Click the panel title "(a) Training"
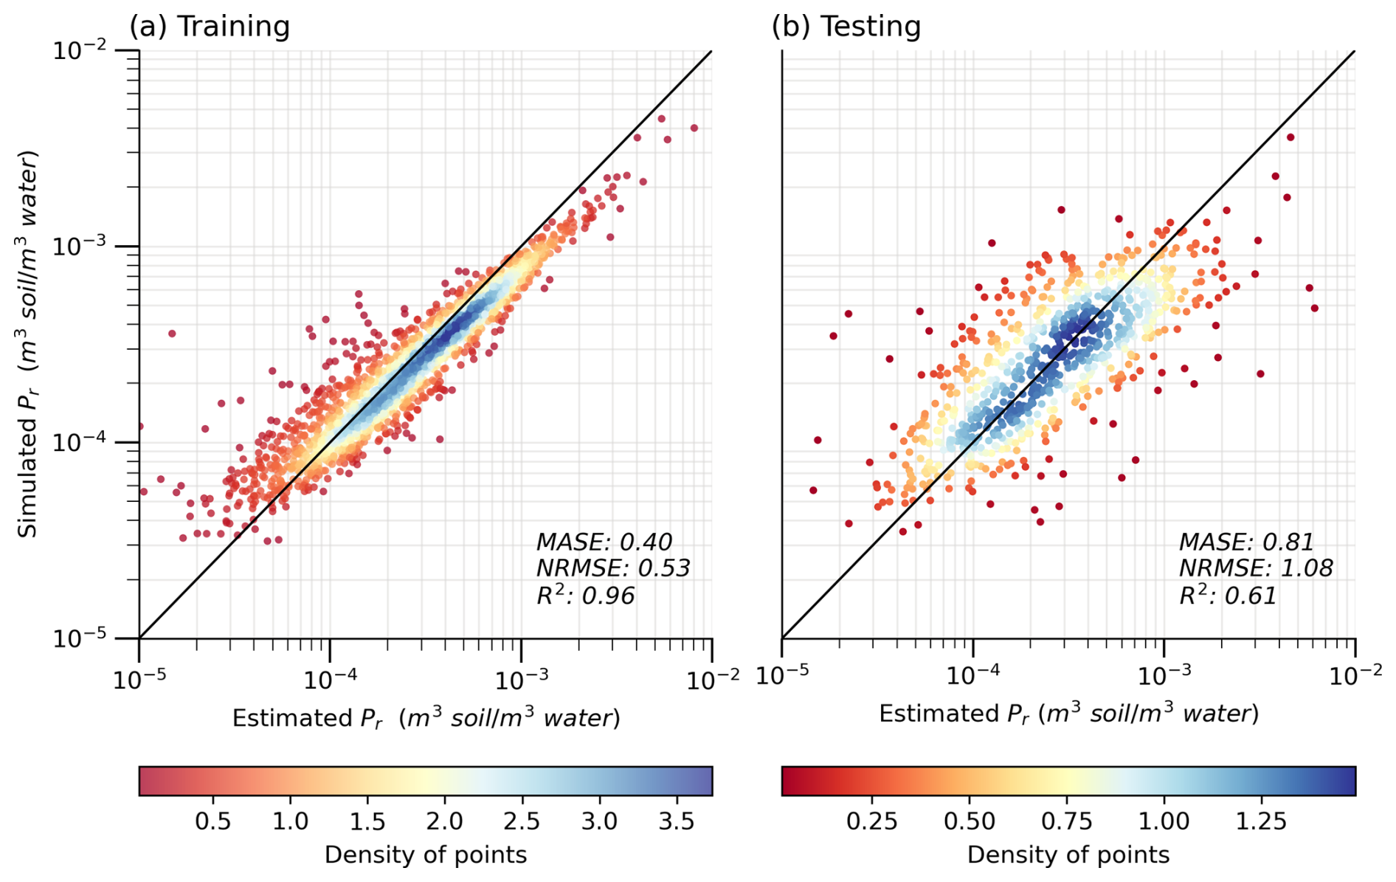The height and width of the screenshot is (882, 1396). tap(210, 27)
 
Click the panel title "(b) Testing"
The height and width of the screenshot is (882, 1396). tap(846, 27)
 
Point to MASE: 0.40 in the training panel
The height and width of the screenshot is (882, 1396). tap(604, 542)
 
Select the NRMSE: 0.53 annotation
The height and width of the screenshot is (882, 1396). tap(612, 568)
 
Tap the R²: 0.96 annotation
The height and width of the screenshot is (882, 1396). tap(585, 595)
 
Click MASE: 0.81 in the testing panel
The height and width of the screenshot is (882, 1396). tap(1246, 542)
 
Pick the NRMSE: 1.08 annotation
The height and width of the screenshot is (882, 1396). tap(1255, 568)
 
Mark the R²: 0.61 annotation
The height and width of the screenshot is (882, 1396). tap(1228, 595)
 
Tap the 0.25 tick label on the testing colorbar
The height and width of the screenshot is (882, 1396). tap(872, 821)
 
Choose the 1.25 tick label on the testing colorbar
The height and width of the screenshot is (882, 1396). tap(1262, 821)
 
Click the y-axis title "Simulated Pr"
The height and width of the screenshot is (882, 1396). tap(28, 344)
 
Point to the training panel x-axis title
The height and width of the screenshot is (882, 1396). tap(426, 718)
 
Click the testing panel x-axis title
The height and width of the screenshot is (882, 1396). tap(1068, 714)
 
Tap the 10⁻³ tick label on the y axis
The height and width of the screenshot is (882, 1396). tap(79, 246)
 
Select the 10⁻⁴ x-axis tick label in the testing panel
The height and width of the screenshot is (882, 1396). tap(972, 676)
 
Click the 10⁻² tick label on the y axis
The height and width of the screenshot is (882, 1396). tap(79, 50)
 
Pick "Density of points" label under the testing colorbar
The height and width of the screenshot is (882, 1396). tap(1068, 855)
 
